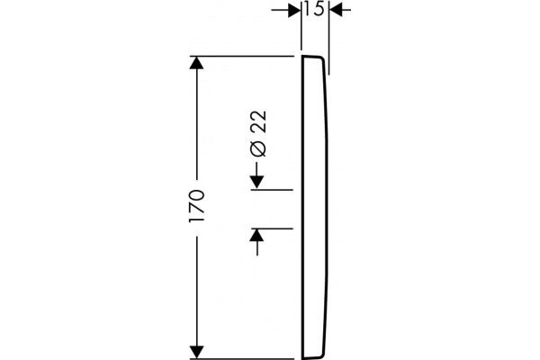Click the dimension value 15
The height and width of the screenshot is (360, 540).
pyautogui.click(x=315, y=9)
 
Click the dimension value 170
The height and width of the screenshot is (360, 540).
pyautogui.click(x=197, y=206)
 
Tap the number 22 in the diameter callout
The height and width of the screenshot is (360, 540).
pyautogui.click(x=258, y=121)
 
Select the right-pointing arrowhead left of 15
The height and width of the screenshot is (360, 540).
pyautogui.click(x=294, y=10)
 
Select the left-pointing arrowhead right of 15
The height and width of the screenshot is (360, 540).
pyautogui.click(x=336, y=10)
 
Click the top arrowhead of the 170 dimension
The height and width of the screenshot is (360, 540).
pyautogui.click(x=196, y=63)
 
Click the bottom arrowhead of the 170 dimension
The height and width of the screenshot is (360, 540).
pyautogui.click(x=196, y=352)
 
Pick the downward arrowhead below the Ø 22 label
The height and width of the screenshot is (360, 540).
pyautogui.click(x=257, y=182)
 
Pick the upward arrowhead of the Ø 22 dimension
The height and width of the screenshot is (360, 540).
pyautogui.click(x=257, y=236)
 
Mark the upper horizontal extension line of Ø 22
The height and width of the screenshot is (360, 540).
pyautogui.click(x=272, y=190)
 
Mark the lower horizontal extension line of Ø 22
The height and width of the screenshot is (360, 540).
pyautogui.click(x=272, y=229)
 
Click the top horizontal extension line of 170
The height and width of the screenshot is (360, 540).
pyautogui.click(x=242, y=56)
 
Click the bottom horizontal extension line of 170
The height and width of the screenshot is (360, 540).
pyautogui.click(x=242, y=359)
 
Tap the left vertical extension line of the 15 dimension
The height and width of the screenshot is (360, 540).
pyautogui.click(x=301, y=25)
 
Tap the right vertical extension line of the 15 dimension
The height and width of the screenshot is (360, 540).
pyautogui.click(x=328, y=37)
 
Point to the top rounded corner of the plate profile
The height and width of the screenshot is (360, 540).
pyautogui.click(x=321, y=58)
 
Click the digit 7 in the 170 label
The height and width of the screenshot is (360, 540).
pyautogui.click(x=197, y=207)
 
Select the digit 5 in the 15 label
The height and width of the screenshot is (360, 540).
pyautogui.click(x=319, y=9)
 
